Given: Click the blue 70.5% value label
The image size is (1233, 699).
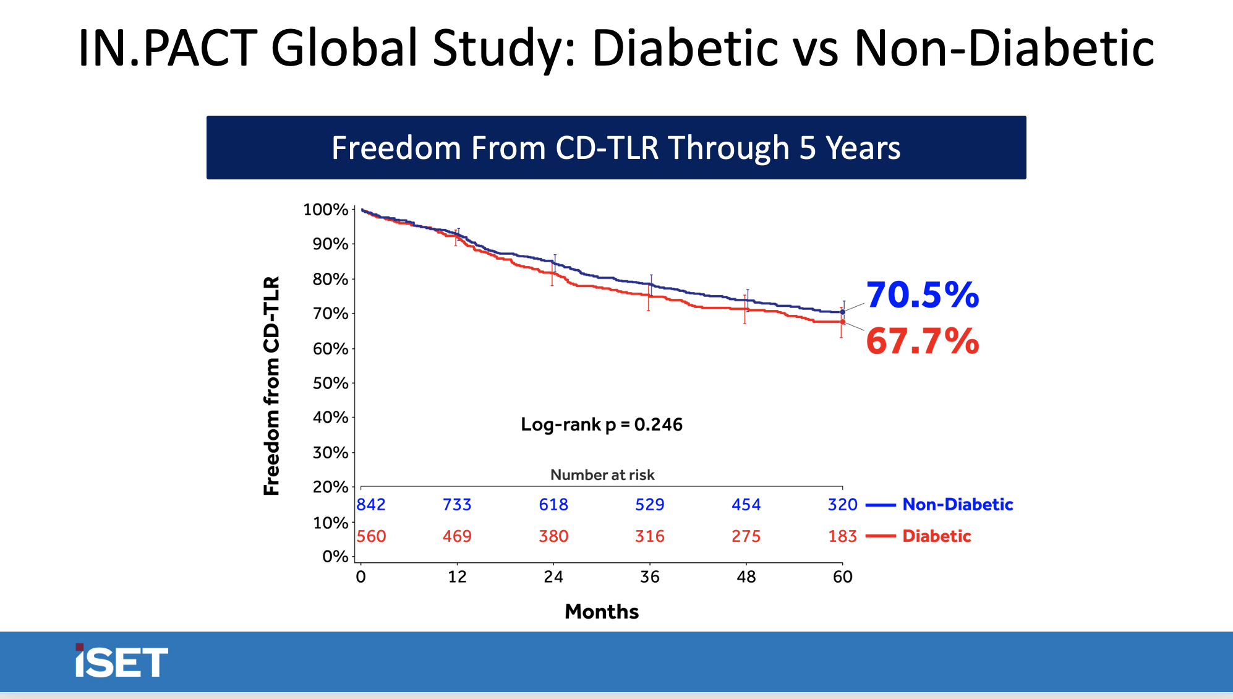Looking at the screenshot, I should [922, 295].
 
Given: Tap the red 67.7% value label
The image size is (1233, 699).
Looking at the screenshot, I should [922, 341].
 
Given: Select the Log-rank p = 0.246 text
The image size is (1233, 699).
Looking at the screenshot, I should [601, 424].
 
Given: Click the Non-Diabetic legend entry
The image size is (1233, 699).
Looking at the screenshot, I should [957, 504].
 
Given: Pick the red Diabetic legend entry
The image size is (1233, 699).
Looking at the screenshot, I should [936, 536].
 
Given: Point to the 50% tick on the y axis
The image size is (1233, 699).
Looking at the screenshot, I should [331, 383].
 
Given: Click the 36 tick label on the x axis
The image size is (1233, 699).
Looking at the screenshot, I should [649, 577].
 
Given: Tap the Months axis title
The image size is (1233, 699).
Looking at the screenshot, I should [601, 611].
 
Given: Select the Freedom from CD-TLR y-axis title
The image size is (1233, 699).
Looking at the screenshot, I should [271, 385].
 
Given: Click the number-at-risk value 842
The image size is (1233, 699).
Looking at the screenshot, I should [371, 504].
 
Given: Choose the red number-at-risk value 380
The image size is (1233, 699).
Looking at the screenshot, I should [553, 536].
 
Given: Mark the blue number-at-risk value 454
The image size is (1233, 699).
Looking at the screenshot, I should [746, 504].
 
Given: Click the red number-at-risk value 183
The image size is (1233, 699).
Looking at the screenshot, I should [842, 536].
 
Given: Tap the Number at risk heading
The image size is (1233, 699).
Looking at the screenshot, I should [602, 474].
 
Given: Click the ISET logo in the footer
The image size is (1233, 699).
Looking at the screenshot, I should [121, 661].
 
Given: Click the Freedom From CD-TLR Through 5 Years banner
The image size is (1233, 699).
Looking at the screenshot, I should [616, 148].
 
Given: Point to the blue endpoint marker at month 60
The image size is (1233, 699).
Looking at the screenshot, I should [842, 312].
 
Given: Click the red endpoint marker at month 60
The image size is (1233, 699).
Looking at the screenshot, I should [842, 322].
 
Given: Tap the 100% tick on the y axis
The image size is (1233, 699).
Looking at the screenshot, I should [326, 210].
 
